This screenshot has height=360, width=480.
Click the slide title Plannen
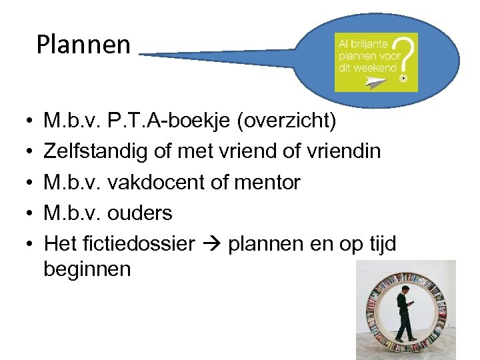83,45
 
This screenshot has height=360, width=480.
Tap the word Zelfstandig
96,152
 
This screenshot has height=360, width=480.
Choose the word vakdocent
169,182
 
